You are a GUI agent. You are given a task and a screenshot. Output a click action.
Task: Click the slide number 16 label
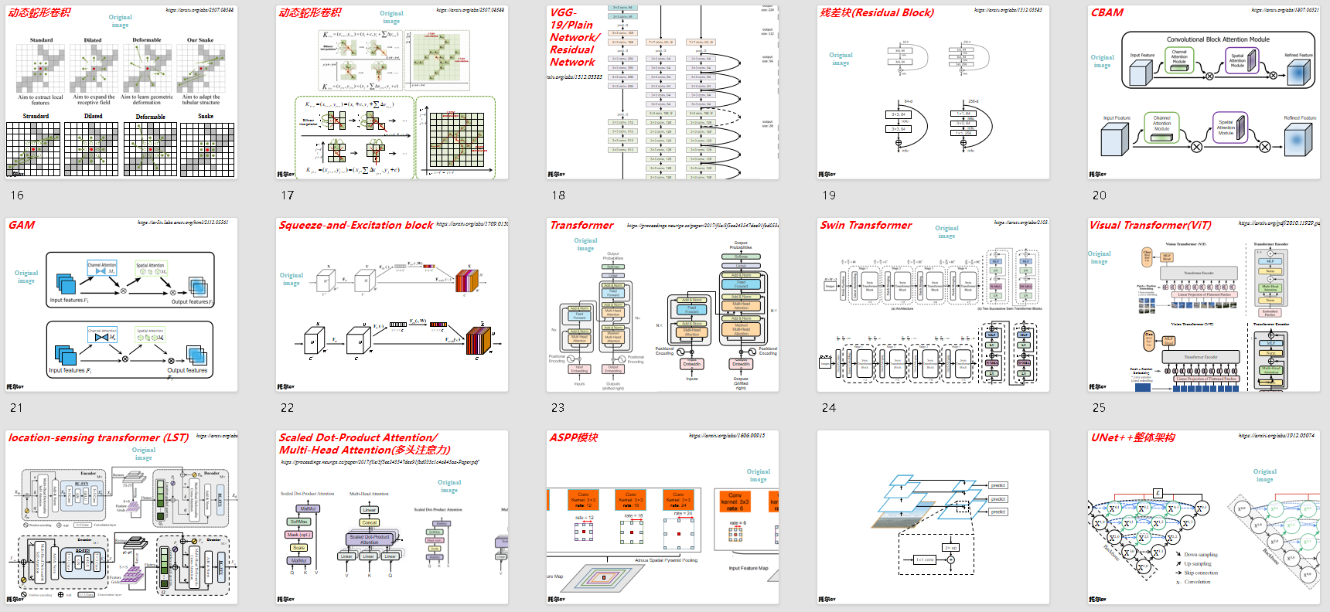coord(17,195)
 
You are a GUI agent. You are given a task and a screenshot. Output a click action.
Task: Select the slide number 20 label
coord(1100,195)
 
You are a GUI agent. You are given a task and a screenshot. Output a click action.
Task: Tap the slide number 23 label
coord(558,408)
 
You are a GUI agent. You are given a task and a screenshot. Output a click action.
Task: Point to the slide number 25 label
coord(1100,408)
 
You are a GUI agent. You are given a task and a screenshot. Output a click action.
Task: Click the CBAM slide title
coord(1107,13)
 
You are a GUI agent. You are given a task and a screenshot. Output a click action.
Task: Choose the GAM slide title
coord(22,226)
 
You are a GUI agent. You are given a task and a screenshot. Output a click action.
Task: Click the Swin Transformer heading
coord(866,226)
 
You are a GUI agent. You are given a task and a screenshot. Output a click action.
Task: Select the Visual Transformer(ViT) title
coord(1151,226)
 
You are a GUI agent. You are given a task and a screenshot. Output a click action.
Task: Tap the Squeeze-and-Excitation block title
coord(356,226)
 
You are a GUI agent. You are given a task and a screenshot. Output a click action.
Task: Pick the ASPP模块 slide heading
coord(574,438)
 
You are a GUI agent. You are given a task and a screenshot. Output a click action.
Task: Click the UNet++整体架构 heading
coord(1133,438)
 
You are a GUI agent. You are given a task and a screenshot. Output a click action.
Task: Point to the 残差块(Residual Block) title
coord(877,13)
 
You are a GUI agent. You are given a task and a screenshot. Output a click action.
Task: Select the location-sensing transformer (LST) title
coord(98,438)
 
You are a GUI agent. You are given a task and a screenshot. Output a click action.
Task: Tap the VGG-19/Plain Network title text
coord(573,37)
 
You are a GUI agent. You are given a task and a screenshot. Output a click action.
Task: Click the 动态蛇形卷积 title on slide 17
coord(309,13)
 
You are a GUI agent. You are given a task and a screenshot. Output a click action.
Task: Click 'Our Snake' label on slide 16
coord(200,40)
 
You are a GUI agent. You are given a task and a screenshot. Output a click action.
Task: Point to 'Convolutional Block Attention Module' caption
coord(1218,39)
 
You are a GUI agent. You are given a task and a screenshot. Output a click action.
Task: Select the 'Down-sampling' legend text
coord(1201,555)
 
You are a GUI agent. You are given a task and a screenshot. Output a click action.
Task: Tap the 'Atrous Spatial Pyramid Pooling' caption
coord(666,561)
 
